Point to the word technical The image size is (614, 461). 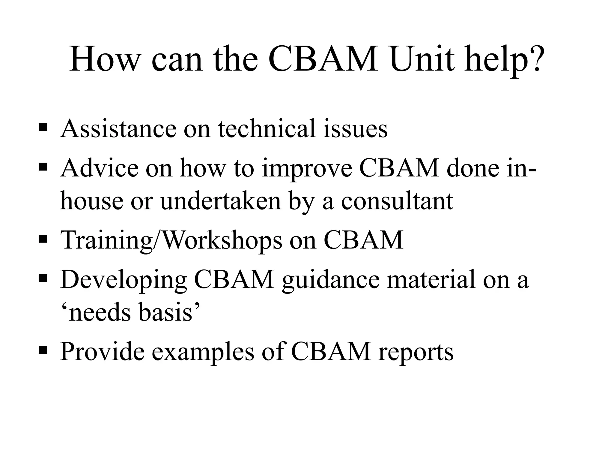click(x=267, y=128)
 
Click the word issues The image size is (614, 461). click(x=355, y=128)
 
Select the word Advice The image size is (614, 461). click(x=99, y=168)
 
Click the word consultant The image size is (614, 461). click(x=397, y=201)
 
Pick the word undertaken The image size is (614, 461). click(x=221, y=201)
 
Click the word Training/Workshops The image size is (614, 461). click(x=171, y=240)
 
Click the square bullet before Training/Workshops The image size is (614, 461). click(x=43, y=240)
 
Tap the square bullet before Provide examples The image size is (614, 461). click(x=43, y=350)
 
